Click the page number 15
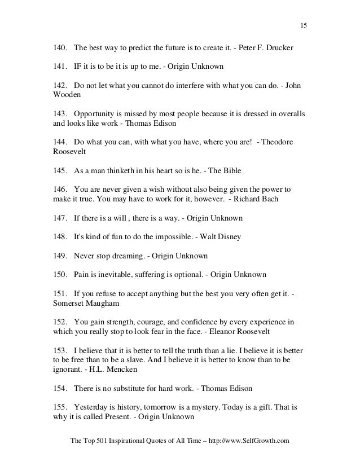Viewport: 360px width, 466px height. [303, 25]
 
